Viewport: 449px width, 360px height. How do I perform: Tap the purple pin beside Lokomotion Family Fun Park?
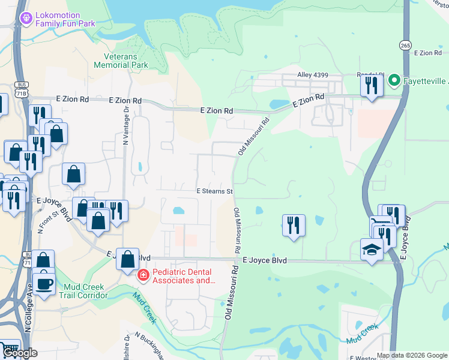click(25, 19)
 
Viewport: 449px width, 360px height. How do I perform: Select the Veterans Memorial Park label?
click(121, 60)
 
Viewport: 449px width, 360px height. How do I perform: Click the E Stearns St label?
click(215, 191)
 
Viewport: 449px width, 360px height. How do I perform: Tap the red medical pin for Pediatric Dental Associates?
click(143, 275)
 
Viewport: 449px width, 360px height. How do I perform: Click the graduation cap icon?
click(372, 250)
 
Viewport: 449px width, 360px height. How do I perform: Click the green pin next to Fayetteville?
click(394, 80)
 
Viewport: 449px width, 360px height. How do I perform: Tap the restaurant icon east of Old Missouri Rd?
click(294, 225)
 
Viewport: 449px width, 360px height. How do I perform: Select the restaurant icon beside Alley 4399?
click(372, 85)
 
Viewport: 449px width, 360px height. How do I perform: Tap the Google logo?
click(19, 353)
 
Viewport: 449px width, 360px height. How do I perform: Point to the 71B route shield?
click(22, 94)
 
